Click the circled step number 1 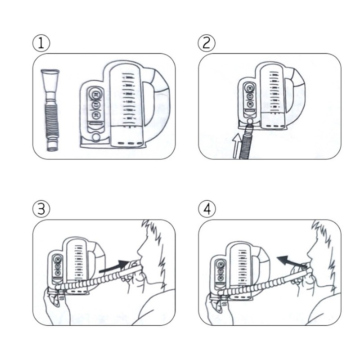click(x=41, y=43)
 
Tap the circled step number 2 click(x=207, y=43)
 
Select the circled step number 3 click(x=41, y=209)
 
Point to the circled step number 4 click(x=207, y=209)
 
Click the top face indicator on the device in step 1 click(x=95, y=94)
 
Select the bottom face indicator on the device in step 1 click(x=95, y=115)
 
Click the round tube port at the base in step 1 click(x=95, y=137)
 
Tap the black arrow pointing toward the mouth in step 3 click(x=115, y=267)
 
